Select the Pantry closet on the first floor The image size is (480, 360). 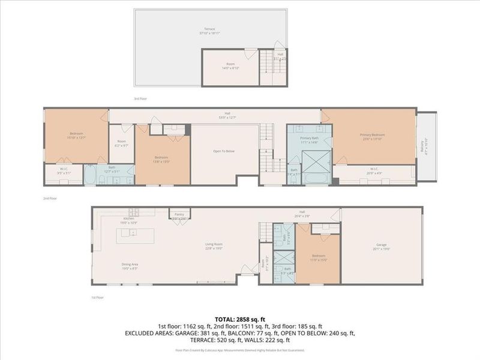pyautogui.click(x=179, y=214)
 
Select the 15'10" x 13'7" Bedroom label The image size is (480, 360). pyautogui.click(x=76, y=135)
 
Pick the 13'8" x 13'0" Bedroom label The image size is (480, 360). pyautogui.click(x=162, y=159)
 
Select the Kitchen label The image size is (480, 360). pyautogui.click(x=129, y=220)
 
